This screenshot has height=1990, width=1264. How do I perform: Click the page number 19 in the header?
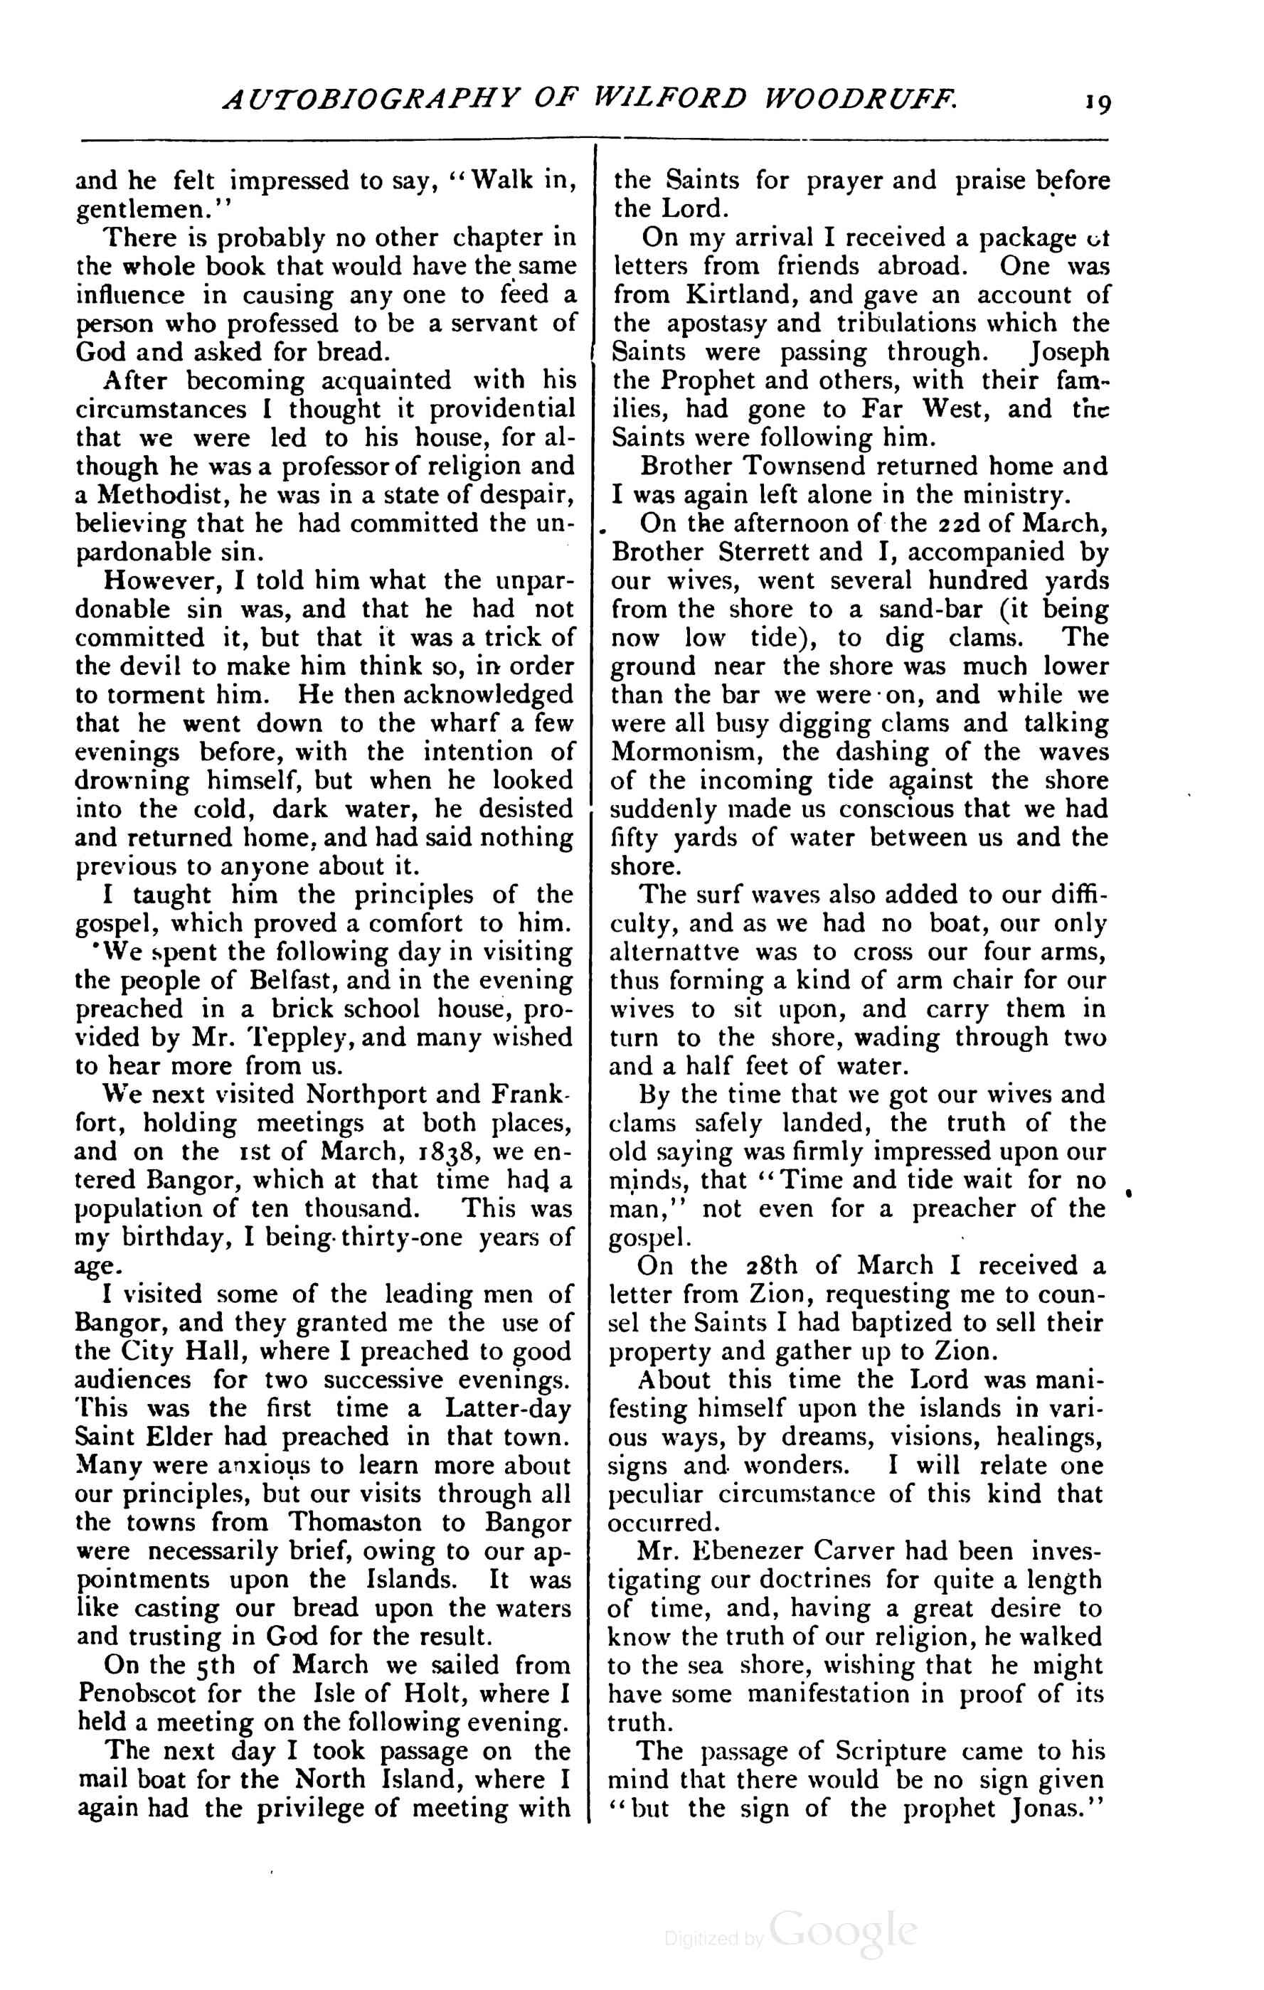1099,103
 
